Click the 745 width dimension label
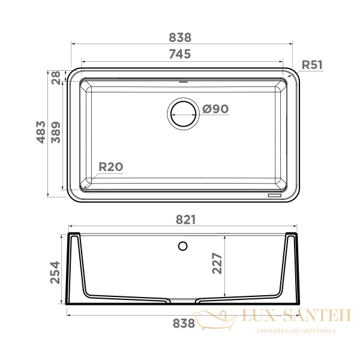(180, 54)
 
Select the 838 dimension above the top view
(180, 38)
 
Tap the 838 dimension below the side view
(184, 323)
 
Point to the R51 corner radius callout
(312, 65)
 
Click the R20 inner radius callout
(111, 167)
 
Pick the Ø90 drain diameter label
(215, 109)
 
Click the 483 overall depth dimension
(41, 132)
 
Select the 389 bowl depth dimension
(56, 133)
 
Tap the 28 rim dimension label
(56, 78)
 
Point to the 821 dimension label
(186, 220)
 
